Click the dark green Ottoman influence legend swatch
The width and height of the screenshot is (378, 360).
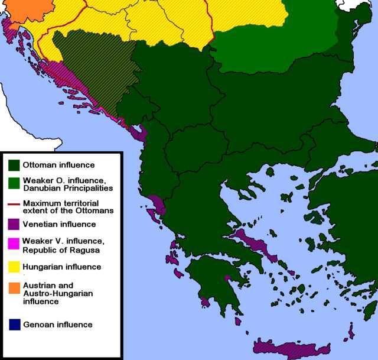(x=14, y=165)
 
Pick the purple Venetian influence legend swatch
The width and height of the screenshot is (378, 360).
(x=14, y=224)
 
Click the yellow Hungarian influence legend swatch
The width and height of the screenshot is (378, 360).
(x=14, y=267)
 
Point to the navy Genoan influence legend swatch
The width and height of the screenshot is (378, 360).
(x=14, y=324)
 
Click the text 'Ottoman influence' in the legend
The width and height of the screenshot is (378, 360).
(x=58, y=165)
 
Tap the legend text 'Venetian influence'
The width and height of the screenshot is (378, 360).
(x=59, y=224)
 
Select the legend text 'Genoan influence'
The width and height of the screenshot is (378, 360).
(x=58, y=324)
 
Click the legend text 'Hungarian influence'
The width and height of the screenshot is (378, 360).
(x=62, y=267)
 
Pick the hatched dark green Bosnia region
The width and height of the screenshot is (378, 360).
(x=97, y=71)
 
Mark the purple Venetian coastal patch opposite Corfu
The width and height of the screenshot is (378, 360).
(x=155, y=203)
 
